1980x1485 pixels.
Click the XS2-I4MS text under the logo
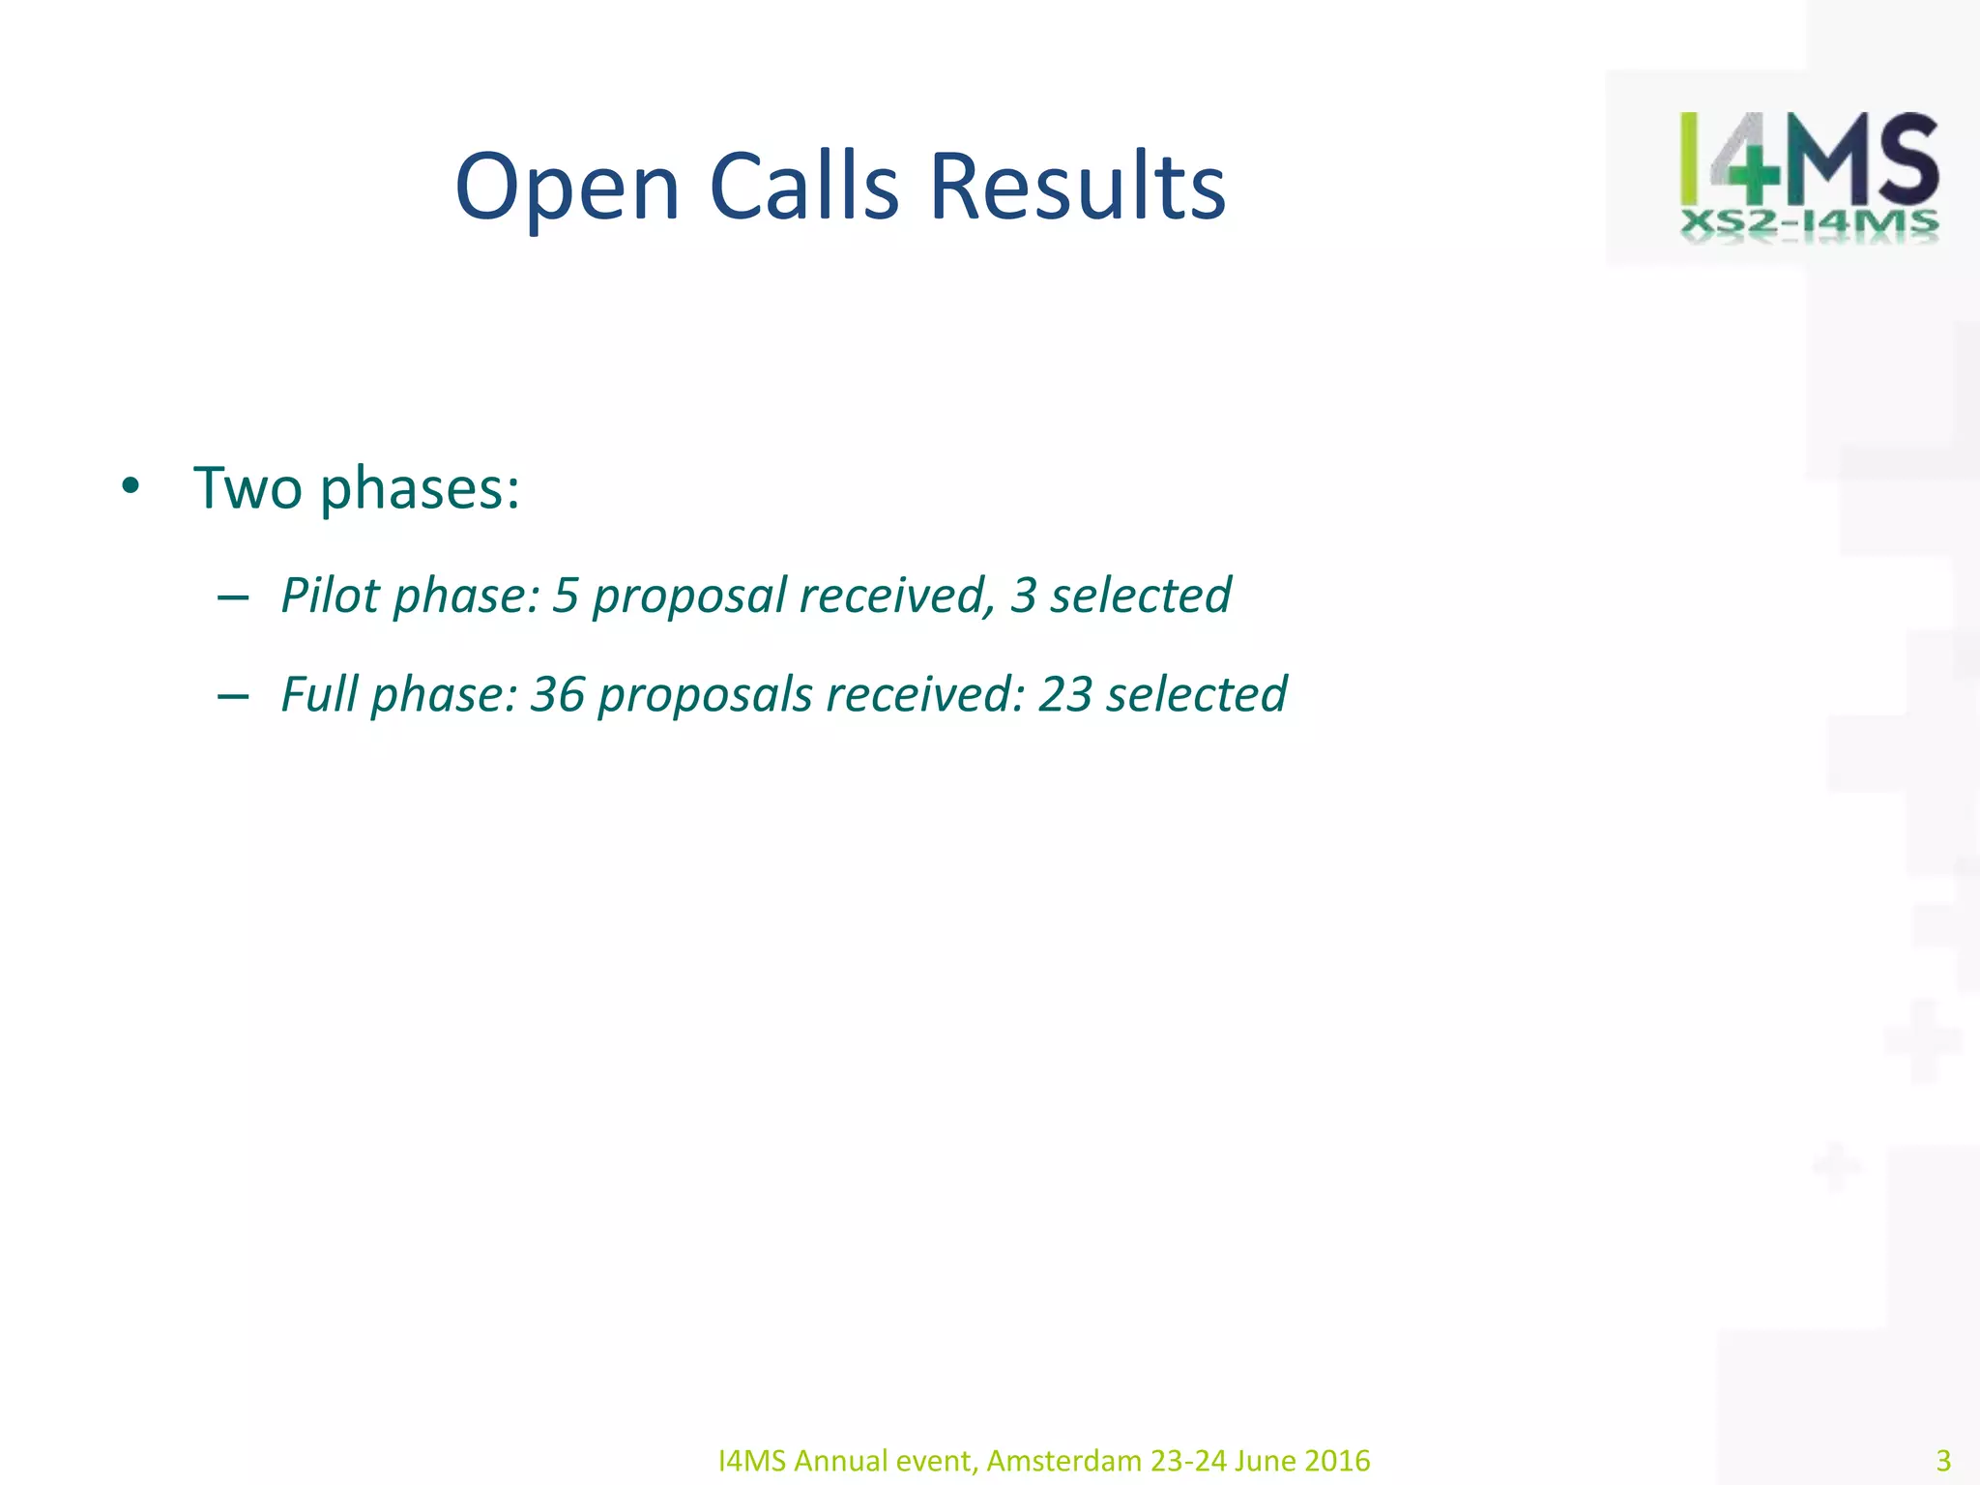click(x=1809, y=224)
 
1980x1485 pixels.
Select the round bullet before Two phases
click(x=131, y=487)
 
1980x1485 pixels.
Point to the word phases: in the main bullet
click(x=420, y=489)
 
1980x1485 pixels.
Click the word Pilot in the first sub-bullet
click(x=331, y=595)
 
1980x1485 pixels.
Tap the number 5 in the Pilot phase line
click(x=566, y=595)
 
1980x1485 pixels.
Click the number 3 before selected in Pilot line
click(x=1023, y=595)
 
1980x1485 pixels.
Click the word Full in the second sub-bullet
click(x=319, y=694)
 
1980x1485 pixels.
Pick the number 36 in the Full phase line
click(x=558, y=694)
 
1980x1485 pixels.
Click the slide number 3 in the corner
click(x=1943, y=1460)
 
